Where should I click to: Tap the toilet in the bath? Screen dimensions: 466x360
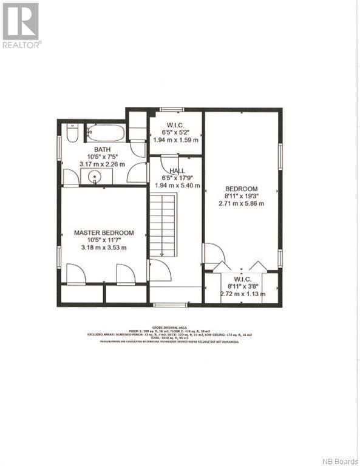click(x=72, y=133)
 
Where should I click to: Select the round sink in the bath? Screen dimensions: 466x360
click(x=93, y=177)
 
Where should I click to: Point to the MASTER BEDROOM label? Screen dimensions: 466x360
click(x=104, y=232)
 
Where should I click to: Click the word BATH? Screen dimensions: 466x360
click(x=101, y=149)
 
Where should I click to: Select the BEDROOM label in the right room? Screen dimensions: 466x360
click(x=242, y=189)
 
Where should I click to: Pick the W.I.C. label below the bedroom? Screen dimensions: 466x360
click(x=242, y=279)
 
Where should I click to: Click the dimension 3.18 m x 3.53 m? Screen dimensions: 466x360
click(x=104, y=248)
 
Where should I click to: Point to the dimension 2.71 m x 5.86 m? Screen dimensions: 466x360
click(x=242, y=204)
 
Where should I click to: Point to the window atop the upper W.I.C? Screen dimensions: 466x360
click(x=172, y=110)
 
